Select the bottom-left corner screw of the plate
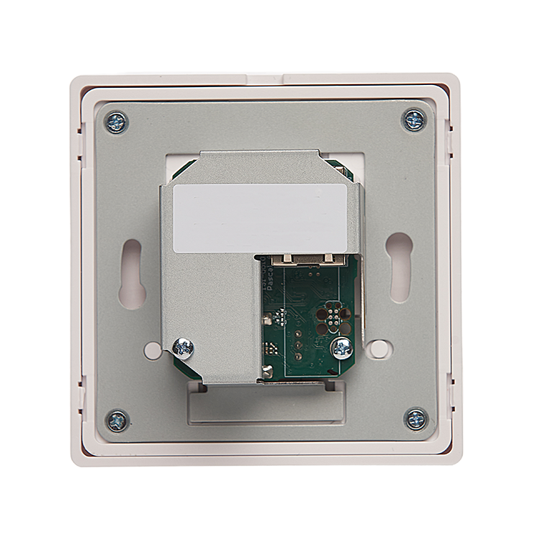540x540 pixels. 117,419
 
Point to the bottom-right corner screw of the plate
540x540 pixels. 415,418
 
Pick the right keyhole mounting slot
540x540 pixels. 397,267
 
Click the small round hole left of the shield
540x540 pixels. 152,351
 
